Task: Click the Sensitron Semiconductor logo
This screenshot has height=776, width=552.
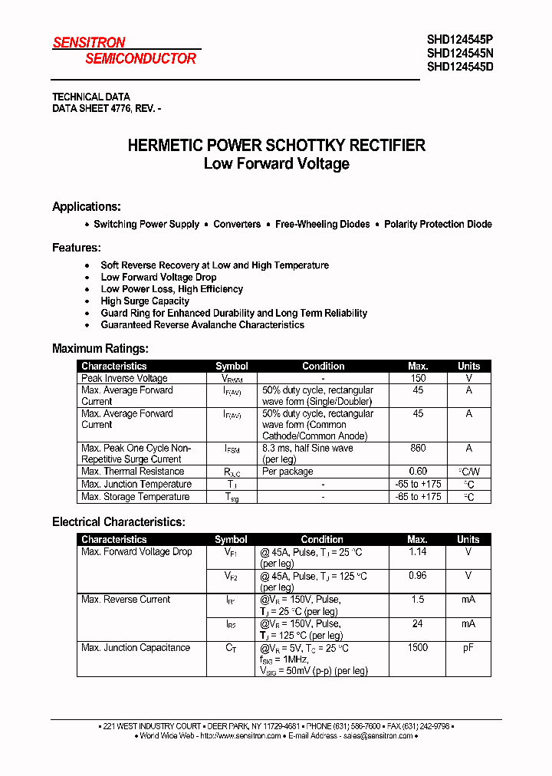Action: point(124,51)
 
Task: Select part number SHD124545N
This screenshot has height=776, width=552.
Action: point(460,54)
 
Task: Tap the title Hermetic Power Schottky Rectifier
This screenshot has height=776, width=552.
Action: point(276,146)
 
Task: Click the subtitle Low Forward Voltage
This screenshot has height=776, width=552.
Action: point(276,164)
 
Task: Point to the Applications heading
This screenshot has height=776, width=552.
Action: point(86,207)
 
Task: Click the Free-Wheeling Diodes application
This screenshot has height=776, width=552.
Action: point(322,225)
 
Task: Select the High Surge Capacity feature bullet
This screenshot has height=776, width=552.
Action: point(145,301)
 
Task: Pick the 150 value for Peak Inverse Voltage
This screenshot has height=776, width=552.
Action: point(418,379)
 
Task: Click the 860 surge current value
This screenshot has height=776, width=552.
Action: point(418,449)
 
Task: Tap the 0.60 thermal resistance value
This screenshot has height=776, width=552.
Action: point(418,472)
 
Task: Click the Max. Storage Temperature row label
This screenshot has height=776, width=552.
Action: point(135,497)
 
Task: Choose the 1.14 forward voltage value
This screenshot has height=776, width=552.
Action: point(417,552)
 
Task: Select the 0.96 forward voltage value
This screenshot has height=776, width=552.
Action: point(417,576)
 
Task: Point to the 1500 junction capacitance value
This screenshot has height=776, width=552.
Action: point(417,648)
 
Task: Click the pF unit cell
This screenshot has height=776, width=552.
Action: point(468,648)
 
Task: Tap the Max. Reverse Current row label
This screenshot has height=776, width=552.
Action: point(126,600)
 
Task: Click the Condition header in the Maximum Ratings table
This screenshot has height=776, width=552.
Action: point(323,367)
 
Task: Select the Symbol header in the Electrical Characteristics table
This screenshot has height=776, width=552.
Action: point(231,540)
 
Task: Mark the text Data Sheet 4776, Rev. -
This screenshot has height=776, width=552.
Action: point(107,109)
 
